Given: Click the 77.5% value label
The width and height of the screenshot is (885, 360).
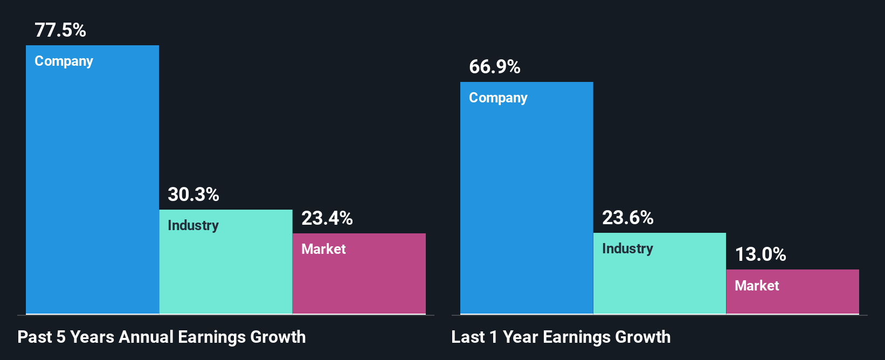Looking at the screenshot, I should (60, 30).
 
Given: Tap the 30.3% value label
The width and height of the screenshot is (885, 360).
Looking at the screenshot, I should (193, 195).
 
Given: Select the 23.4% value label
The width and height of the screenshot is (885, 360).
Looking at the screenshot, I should (327, 218).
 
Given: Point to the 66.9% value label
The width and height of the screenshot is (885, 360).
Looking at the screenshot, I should (495, 67).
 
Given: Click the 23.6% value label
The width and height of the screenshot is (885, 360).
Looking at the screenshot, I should (628, 218).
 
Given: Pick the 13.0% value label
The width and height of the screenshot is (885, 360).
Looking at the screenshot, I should (760, 254).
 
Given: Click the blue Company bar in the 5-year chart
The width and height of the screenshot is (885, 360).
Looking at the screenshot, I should (92, 189).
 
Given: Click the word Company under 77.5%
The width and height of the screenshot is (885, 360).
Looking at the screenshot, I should (64, 61).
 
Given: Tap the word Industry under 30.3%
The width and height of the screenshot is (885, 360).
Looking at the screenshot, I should (193, 225).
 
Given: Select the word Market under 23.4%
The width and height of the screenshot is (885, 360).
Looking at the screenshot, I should (323, 249).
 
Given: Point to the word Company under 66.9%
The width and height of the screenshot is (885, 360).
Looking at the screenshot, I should (498, 98).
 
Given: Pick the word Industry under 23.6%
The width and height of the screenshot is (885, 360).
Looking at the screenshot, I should (627, 248).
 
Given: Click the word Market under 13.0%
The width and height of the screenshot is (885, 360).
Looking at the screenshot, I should (757, 286).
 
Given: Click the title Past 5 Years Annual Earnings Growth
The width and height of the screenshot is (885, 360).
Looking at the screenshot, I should (162, 337).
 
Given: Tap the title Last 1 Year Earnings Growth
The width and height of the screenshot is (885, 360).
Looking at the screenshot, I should (561, 337).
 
